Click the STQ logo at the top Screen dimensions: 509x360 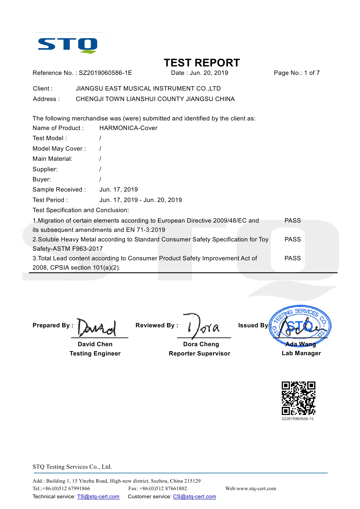pyautogui.click(x=68, y=45)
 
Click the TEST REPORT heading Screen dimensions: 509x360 pyautogui.click(x=202, y=63)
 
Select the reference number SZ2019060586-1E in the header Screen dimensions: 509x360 pyautogui.click(x=105, y=73)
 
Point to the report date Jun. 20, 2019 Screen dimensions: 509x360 pyautogui.click(x=209, y=73)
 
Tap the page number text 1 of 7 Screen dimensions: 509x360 pyautogui.click(x=312, y=73)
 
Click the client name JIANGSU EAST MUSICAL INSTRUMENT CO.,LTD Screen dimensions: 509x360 pyautogui.click(x=148, y=89)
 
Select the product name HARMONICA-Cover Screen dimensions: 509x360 pyautogui.click(x=128, y=128)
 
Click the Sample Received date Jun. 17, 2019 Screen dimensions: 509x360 pyautogui.click(x=118, y=189)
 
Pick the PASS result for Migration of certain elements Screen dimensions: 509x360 pyautogui.click(x=292, y=221)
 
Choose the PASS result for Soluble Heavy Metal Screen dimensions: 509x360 pyautogui.click(x=292, y=239)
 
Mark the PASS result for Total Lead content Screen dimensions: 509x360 pyautogui.click(x=292, y=258)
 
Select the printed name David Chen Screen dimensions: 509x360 pyautogui.click(x=95, y=344)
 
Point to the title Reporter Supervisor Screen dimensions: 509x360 pyautogui.click(x=199, y=353)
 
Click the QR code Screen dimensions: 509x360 pyautogui.click(x=298, y=398)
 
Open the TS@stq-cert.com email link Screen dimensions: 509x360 pyautogui.click(x=98, y=497)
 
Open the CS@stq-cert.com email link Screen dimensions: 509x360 pyautogui.click(x=195, y=497)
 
